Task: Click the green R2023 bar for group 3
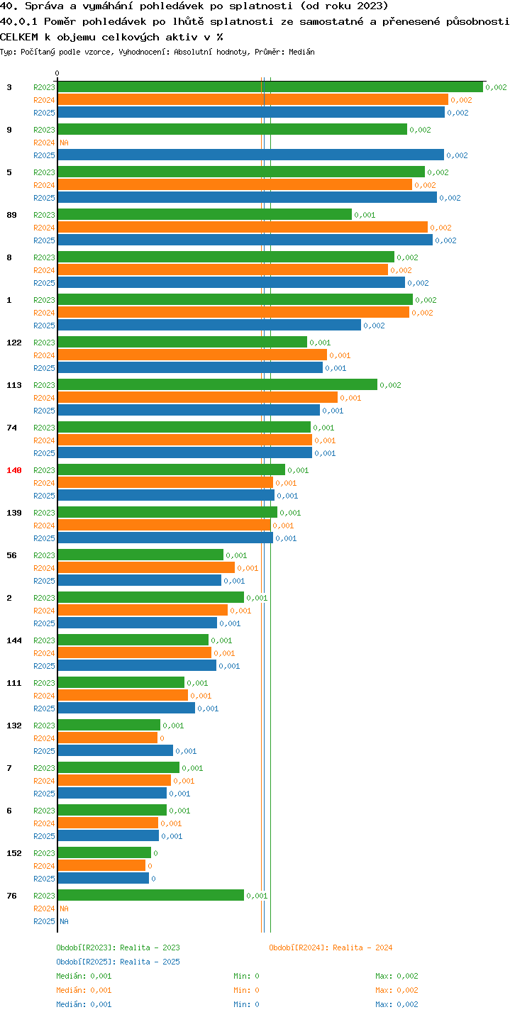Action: point(270,87)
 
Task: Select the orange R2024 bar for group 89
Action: point(243,228)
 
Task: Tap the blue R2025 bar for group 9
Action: point(251,155)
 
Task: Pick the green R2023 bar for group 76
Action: point(150,896)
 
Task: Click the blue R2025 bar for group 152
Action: point(104,879)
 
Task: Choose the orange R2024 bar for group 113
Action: point(198,398)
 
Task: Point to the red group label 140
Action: point(14,470)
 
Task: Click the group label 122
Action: point(14,343)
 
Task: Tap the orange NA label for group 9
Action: point(64,143)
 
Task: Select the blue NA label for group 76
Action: point(64,921)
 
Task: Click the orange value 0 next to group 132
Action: point(162,738)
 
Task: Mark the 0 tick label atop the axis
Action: point(57,73)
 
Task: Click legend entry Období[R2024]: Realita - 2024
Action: point(331,947)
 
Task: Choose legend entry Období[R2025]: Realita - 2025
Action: point(118,962)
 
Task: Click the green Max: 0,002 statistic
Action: point(397,976)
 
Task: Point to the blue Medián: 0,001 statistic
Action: point(84,1004)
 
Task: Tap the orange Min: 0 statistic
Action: point(246,990)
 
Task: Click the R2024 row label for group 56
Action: point(44,568)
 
